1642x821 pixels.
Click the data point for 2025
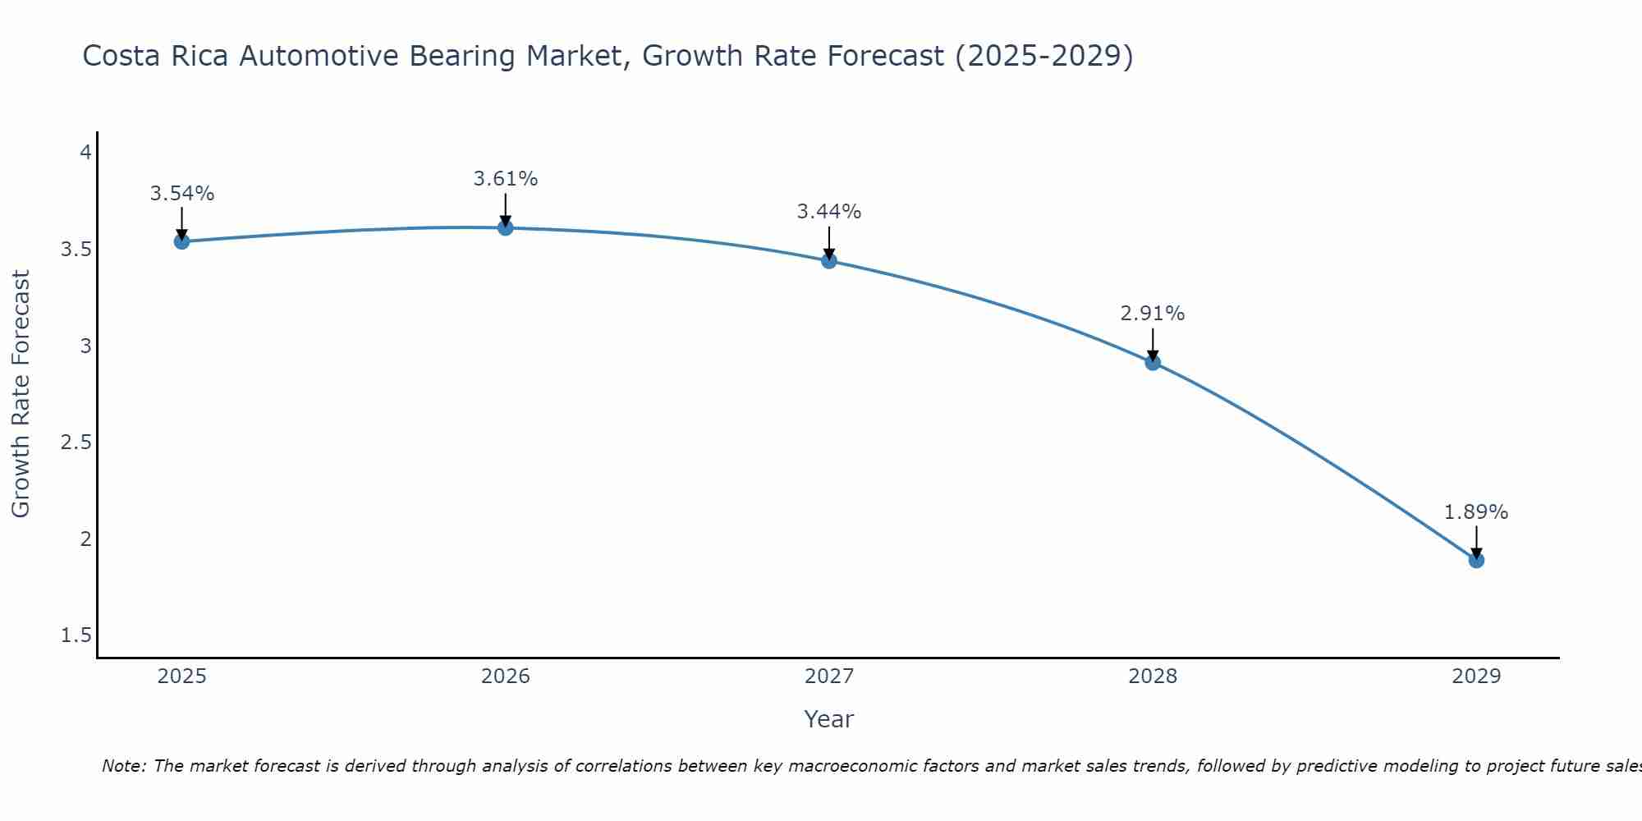(181, 241)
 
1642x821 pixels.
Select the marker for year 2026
(506, 227)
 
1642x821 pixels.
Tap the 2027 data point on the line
(829, 261)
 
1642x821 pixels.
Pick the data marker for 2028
(1153, 362)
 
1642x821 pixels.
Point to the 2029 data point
(1476, 560)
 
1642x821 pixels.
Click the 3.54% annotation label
(181, 194)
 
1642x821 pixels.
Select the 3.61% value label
(506, 178)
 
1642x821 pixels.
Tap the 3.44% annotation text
(829, 212)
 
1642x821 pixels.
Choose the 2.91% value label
(1153, 314)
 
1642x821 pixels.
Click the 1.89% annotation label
(1476, 512)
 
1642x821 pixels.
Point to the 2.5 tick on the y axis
(76, 443)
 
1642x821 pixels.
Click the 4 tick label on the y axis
(85, 153)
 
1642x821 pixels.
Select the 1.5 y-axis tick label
(76, 635)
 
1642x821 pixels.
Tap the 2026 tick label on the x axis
(506, 677)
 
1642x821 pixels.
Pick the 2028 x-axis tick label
(1153, 677)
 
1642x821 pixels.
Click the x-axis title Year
(829, 719)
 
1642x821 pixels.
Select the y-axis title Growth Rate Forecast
(21, 394)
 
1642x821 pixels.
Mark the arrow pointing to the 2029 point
(1476, 542)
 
